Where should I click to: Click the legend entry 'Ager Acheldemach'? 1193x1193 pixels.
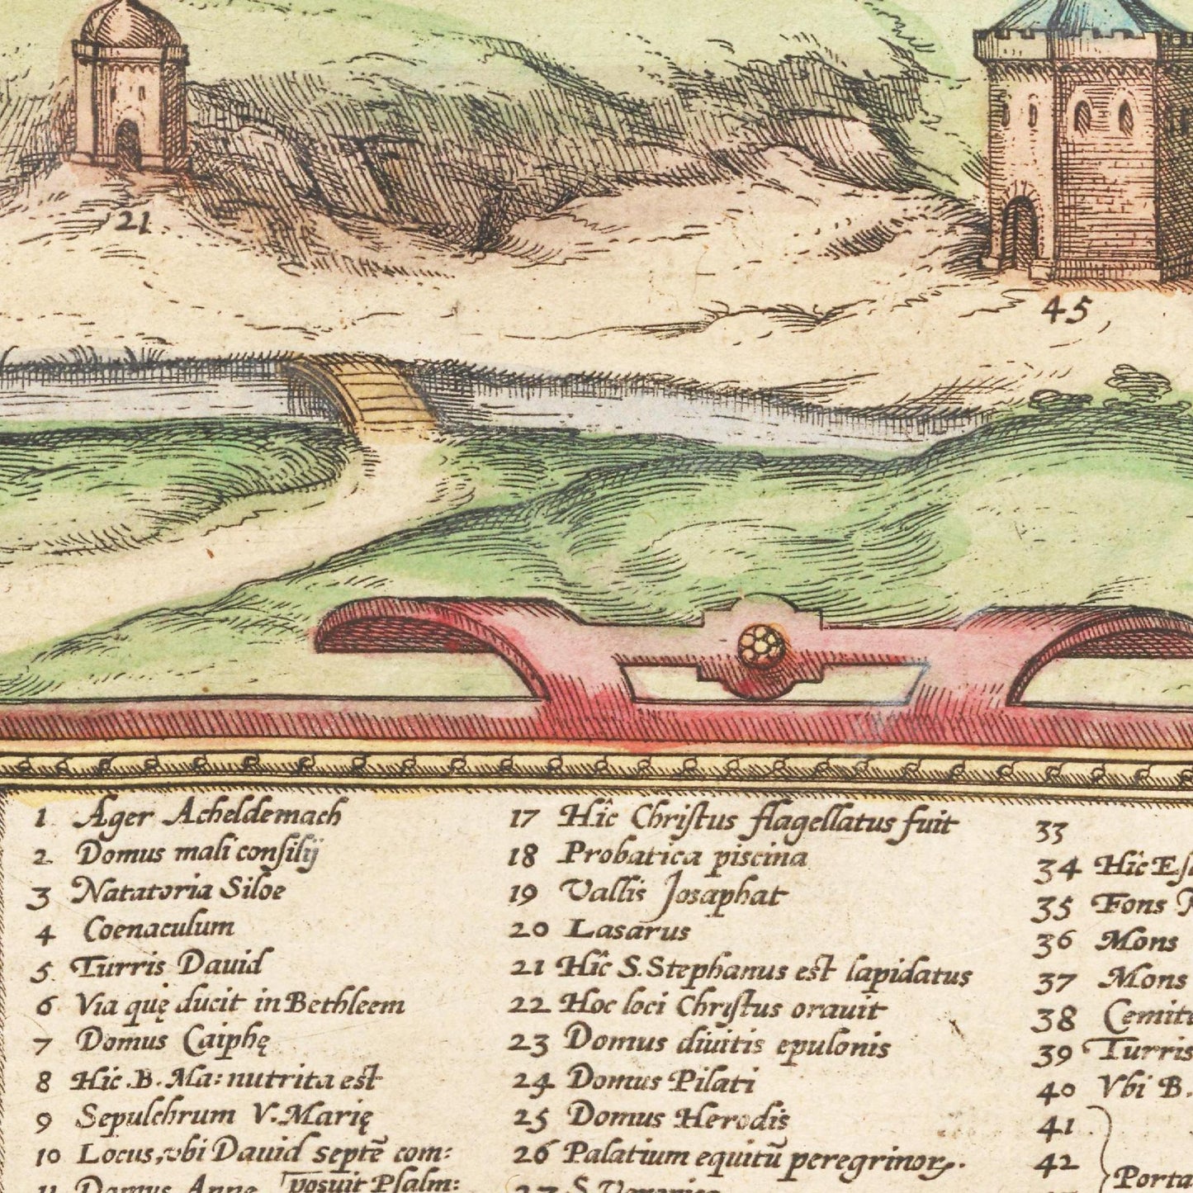[206, 816]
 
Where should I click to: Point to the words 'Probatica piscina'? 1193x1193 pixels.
[682, 856]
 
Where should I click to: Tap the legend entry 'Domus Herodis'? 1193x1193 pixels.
[678, 1117]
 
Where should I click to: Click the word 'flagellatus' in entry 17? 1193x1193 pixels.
[818, 822]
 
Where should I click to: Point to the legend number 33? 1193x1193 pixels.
[1051, 831]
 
